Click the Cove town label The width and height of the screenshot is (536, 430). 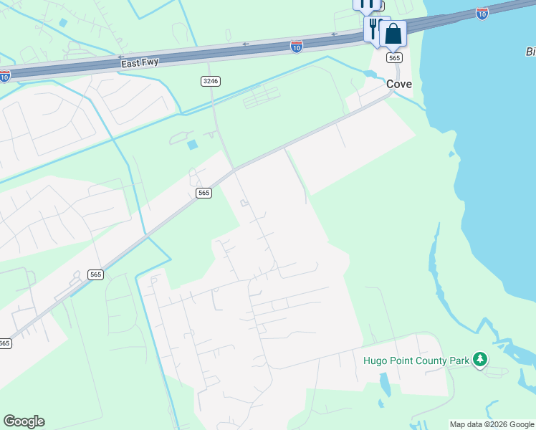coord(399,84)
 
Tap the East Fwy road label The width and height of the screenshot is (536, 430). coord(139,62)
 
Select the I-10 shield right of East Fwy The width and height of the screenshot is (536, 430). coord(297,47)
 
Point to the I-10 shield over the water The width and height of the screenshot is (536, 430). coord(482,14)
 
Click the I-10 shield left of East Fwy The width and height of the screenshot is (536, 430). coord(4,76)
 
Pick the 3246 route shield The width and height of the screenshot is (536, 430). coord(210,81)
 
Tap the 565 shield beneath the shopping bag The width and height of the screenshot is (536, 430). coord(394,57)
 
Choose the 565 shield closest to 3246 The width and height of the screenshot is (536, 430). coord(204,193)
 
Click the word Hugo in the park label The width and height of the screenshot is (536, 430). coord(375,360)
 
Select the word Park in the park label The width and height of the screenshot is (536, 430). coord(459,360)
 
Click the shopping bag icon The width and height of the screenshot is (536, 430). coord(393,34)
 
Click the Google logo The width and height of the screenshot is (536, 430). coord(24,421)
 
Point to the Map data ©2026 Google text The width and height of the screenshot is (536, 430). coord(492,424)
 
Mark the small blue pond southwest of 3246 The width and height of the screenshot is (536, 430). coord(192,145)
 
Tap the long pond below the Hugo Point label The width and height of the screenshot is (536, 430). coord(386,385)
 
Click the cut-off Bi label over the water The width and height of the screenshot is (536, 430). coord(530,52)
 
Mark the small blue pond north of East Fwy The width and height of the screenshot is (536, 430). coord(63,23)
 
